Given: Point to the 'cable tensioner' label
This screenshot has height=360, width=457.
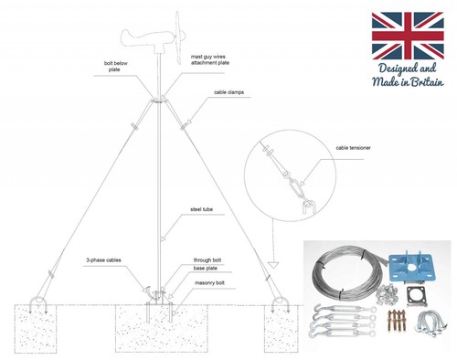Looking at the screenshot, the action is tap(354, 146).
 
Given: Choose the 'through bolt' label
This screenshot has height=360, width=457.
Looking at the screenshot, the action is tap(209, 259).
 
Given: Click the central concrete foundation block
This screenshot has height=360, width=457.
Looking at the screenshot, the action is tap(161, 331).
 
